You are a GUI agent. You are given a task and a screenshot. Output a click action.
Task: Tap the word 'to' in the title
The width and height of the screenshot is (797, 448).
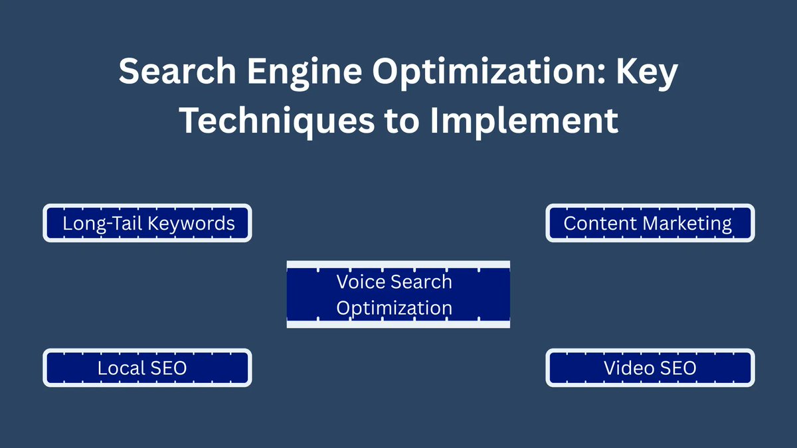398,121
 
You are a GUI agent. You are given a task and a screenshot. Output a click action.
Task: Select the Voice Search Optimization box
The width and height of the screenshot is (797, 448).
398,295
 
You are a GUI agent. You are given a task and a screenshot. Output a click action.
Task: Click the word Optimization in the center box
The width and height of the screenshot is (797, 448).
395,308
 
